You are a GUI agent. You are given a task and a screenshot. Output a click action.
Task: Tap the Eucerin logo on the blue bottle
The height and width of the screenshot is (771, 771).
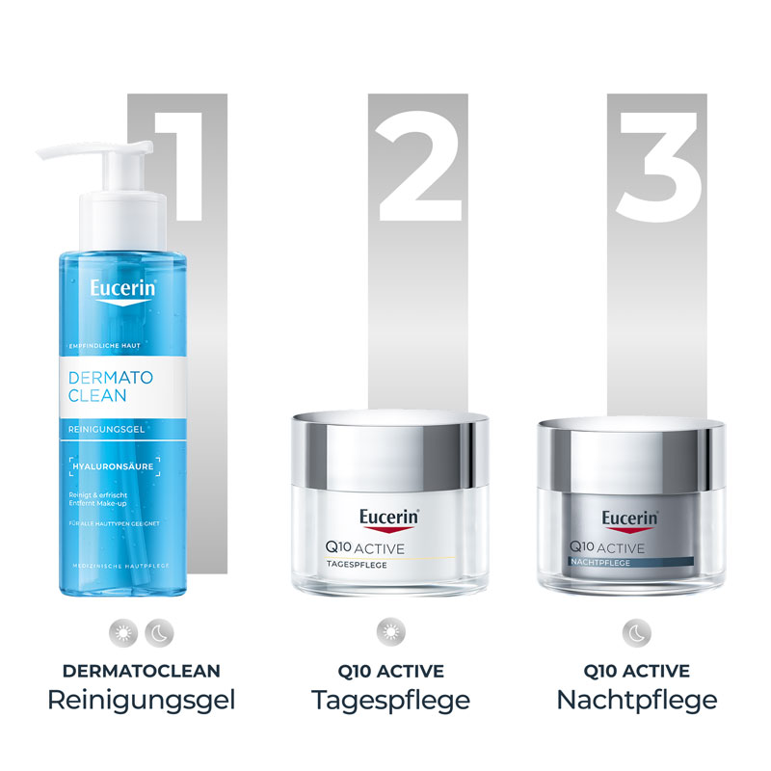[x=123, y=290]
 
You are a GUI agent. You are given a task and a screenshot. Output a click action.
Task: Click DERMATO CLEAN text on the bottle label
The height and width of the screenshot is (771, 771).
[x=112, y=383]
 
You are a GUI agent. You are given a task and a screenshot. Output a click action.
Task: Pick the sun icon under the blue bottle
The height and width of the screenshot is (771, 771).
[x=124, y=632]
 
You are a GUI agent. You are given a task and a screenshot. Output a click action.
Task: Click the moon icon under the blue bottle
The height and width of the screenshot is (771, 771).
[x=157, y=632]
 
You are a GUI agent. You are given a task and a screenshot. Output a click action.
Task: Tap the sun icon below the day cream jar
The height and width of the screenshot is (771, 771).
[x=390, y=632]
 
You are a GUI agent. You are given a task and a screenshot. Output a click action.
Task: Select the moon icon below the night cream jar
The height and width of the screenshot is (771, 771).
[x=636, y=632]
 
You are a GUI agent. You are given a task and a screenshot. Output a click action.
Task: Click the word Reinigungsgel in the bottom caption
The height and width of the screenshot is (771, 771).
[x=141, y=700]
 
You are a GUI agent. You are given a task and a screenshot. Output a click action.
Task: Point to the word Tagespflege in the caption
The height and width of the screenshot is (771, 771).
[x=390, y=700]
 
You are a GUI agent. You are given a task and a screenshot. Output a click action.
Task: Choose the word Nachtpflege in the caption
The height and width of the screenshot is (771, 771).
[x=636, y=700]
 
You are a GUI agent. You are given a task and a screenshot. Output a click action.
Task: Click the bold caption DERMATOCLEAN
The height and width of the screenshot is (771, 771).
[x=141, y=670]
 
